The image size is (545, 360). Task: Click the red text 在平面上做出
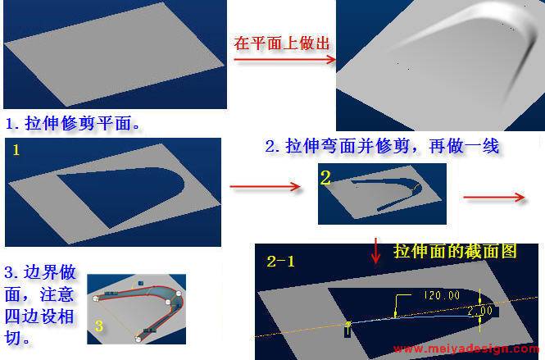click(x=282, y=43)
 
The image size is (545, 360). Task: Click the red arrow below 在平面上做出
click(x=284, y=60)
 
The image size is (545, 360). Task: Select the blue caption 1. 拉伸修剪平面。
click(x=73, y=124)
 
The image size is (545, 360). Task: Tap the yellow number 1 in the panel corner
click(x=16, y=150)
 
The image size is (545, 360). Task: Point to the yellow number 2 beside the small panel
click(x=325, y=178)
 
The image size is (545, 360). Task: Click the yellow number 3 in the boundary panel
click(x=99, y=326)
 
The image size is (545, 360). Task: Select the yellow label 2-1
click(x=280, y=262)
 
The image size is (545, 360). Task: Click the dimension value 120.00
click(x=442, y=296)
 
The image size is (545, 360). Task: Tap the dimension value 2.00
click(x=479, y=310)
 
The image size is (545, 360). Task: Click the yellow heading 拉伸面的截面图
click(x=456, y=251)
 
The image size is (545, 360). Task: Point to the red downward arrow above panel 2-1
click(x=375, y=251)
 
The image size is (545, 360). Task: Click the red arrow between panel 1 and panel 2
click(x=266, y=186)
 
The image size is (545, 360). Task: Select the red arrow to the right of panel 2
click(x=494, y=197)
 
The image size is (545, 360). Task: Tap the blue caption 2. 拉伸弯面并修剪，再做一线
click(x=382, y=146)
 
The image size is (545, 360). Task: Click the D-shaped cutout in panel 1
click(x=121, y=195)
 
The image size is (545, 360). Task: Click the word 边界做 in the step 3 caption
click(x=50, y=272)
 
